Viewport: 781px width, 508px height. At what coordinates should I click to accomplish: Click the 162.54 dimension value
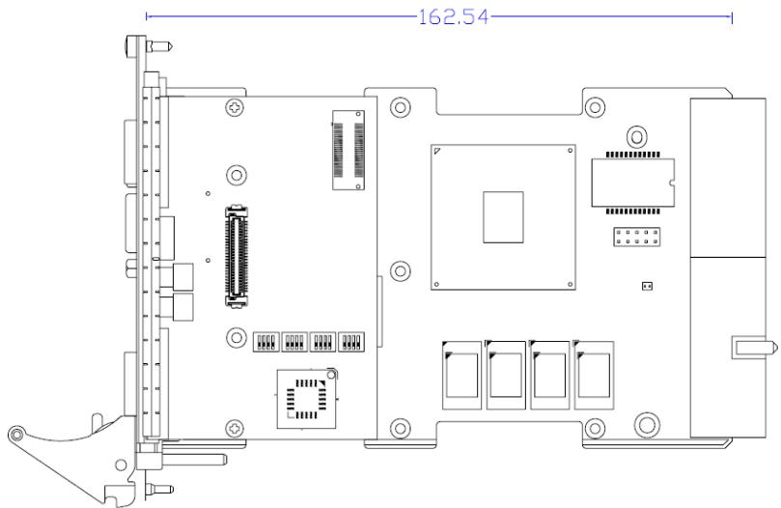tap(454, 17)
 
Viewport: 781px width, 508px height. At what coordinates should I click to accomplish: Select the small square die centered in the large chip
tap(503, 217)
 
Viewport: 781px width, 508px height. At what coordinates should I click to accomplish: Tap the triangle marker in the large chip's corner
tap(437, 151)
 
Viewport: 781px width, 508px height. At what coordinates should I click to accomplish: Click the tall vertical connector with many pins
tap(237, 255)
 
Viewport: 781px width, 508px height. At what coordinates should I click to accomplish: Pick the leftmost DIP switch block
tap(265, 342)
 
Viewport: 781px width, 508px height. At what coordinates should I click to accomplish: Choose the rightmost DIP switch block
tap(351, 342)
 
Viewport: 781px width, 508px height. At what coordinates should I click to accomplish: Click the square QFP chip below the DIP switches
tap(307, 399)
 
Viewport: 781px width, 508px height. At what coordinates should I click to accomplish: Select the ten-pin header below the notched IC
tap(637, 237)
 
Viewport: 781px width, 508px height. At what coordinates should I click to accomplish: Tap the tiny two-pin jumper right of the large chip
tap(647, 286)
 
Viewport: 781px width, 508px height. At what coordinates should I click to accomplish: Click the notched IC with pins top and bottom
tap(633, 183)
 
